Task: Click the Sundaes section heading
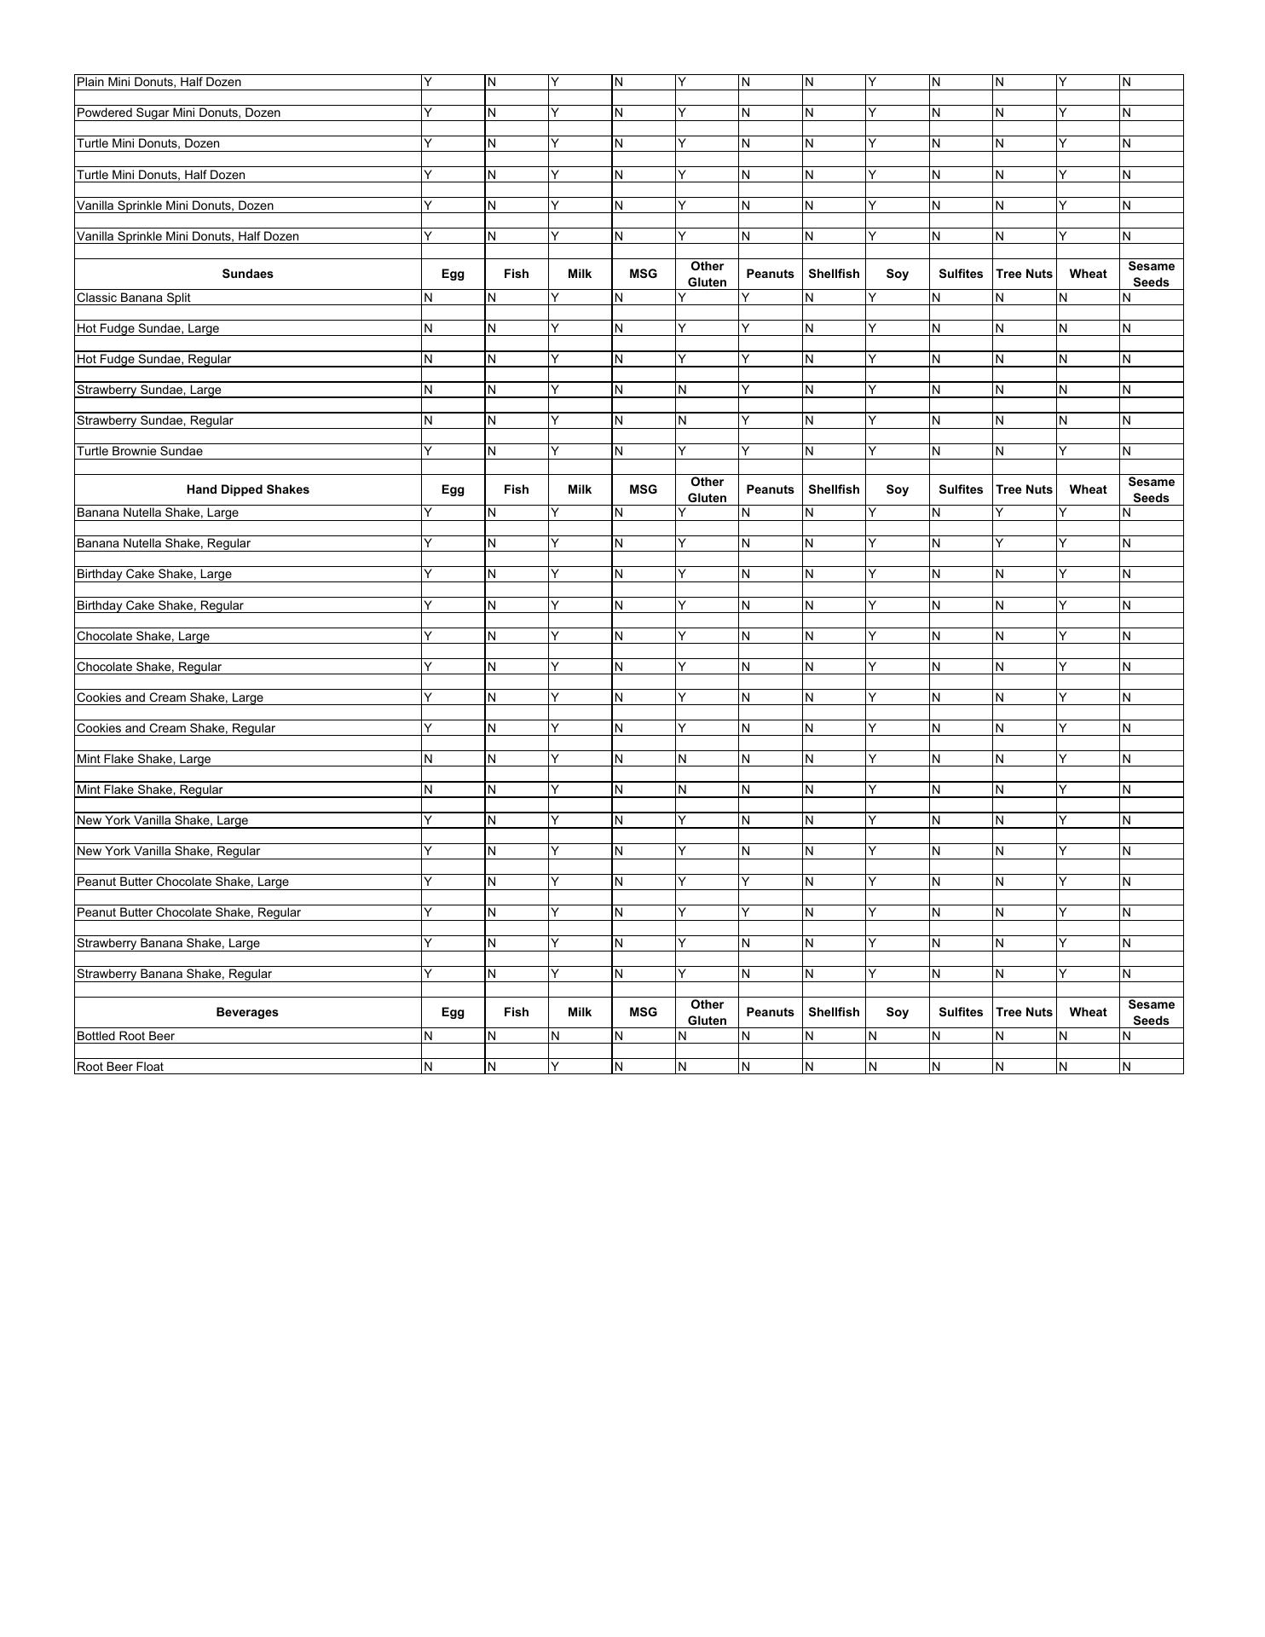(x=247, y=274)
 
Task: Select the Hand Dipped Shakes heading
(x=247, y=489)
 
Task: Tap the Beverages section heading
(x=247, y=1012)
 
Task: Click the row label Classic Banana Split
(x=134, y=298)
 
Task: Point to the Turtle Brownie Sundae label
(x=140, y=451)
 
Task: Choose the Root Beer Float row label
(x=120, y=1067)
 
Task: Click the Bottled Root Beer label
(x=125, y=1036)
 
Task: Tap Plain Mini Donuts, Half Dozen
(x=159, y=82)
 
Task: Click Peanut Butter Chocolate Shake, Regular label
(x=188, y=912)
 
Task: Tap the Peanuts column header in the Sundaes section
(x=770, y=274)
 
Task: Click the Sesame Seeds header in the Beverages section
(x=1151, y=1012)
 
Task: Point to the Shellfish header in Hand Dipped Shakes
(x=834, y=489)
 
